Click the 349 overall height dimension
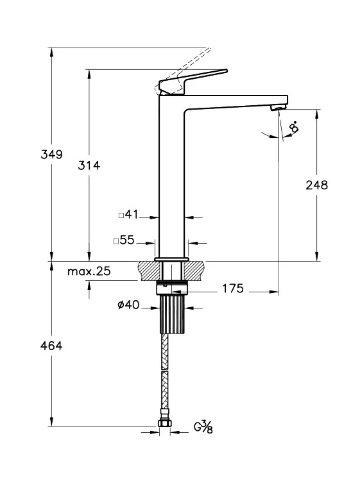pos(51,155)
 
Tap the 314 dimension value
pos(89,165)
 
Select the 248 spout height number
pos(316,185)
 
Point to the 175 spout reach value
pos(233,289)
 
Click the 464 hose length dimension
pos(51,346)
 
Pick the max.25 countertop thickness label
pos(89,271)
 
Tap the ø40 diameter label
pos(128,305)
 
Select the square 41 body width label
pos(128,214)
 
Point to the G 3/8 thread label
pos(203,427)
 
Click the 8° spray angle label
pos(294,126)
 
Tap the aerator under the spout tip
pos(278,107)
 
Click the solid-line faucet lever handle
pos(193,81)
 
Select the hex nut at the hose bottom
pos(165,423)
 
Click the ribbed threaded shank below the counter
pos(173,314)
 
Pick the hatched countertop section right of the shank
pos(194,271)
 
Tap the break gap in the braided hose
pos(165,369)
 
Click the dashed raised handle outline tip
pos(209,49)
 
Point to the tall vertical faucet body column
pos(171,176)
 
